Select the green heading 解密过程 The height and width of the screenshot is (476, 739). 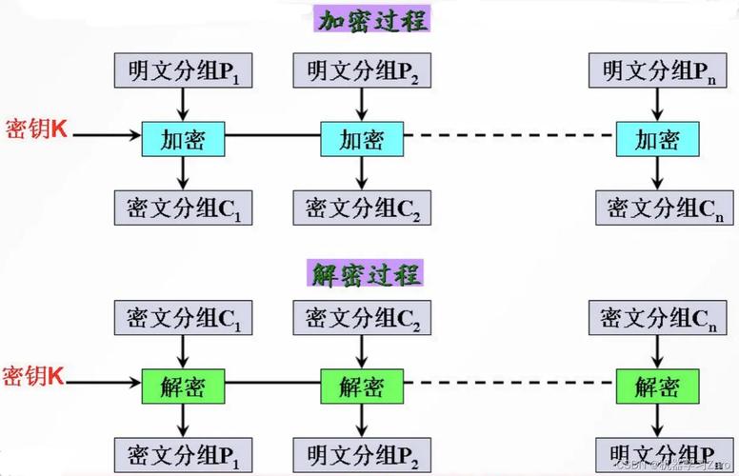(367, 272)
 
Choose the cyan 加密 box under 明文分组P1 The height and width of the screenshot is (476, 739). (182, 139)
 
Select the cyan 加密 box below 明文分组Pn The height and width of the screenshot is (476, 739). (657, 139)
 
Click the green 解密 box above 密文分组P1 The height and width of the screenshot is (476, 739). (182, 386)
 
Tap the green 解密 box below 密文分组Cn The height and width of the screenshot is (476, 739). (657, 386)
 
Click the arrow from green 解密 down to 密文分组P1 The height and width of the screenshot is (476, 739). (182, 419)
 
